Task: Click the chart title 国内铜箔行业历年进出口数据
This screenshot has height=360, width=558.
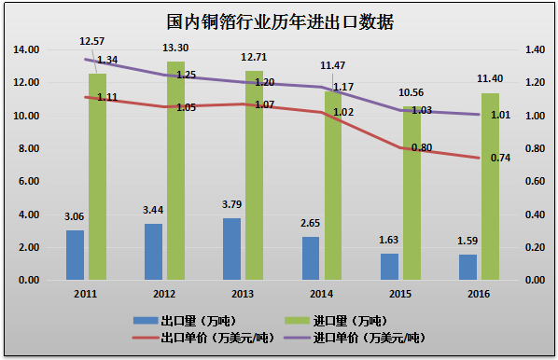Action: tap(279, 21)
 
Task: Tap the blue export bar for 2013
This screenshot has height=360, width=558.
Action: tap(232, 249)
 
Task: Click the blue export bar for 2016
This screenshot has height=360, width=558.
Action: tap(467, 267)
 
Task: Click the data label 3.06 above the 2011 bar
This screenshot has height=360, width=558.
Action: tap(74, 217)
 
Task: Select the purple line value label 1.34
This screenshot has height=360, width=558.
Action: tap(107, 60)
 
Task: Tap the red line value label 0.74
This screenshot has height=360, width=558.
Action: tap(500, 158)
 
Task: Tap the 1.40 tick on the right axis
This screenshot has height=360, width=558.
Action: tap(534, 49)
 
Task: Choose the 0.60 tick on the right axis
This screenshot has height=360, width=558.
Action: tap(534, 182)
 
